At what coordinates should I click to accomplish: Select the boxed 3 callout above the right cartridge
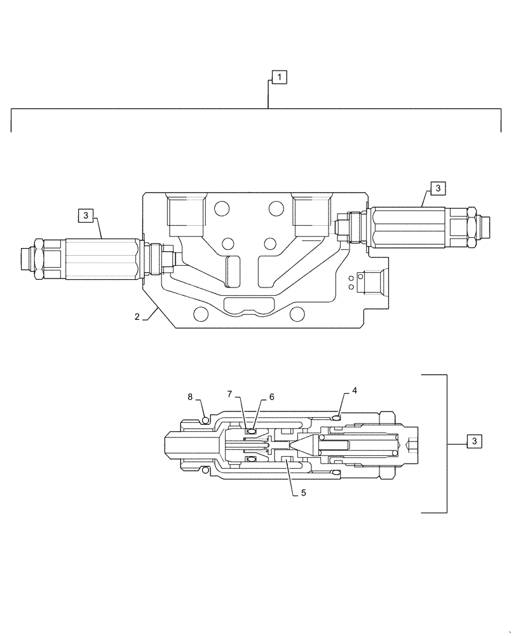pos(438,188)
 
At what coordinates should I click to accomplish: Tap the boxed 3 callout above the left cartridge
pos(86,216)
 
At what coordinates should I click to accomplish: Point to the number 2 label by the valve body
pos(137,317)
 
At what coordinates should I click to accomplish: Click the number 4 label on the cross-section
pos(355,391)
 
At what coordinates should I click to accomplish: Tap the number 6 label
pos(271,396)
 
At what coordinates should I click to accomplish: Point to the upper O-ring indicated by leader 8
pos(205,418)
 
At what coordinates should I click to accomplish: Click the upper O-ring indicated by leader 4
pos(336,417)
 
